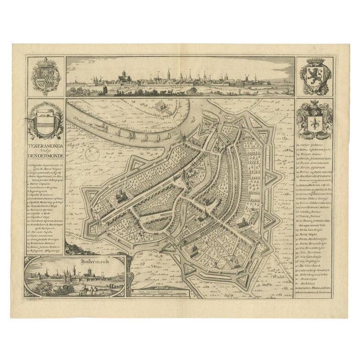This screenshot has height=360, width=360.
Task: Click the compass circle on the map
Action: (x=92, y=153)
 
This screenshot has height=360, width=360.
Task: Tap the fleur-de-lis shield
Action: (x=314, y=121)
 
